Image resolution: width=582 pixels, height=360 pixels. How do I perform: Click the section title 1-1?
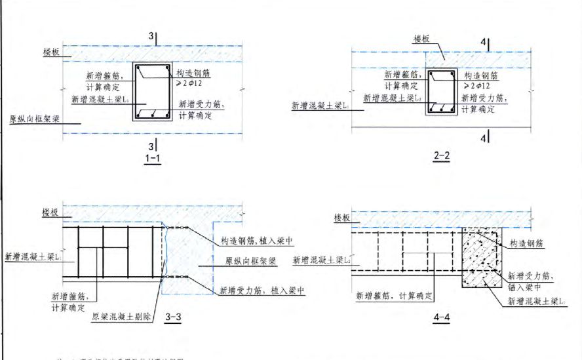point(153,159)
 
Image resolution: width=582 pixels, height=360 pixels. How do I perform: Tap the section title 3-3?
point(173,318)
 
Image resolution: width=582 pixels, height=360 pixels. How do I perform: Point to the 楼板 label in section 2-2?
point(421,39)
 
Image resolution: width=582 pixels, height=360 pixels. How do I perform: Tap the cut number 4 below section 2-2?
point(484,138)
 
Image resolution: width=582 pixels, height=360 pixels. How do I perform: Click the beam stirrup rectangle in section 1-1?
point(153,92)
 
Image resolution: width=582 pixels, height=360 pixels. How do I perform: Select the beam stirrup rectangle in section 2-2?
point(442,92)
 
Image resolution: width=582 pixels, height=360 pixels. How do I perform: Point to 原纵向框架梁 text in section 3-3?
point(248,261)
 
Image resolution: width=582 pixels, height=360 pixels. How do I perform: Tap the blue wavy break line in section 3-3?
point(165,256)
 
